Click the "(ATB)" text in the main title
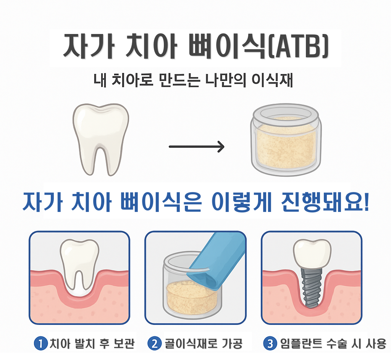(x=298, y=47)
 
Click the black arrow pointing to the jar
(x=197, y=147)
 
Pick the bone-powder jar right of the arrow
(x=286, y=140)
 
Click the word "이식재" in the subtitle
(x=272, y=80)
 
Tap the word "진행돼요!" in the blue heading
(x=325, y=202)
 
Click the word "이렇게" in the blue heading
(x=241, y=202)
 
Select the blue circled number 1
(x=40, y=344)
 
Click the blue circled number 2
(x=155, y=344)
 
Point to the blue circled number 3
(x=270, y=344)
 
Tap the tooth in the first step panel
(x=79, y=267)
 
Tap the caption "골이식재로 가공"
(x=204, y=344)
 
